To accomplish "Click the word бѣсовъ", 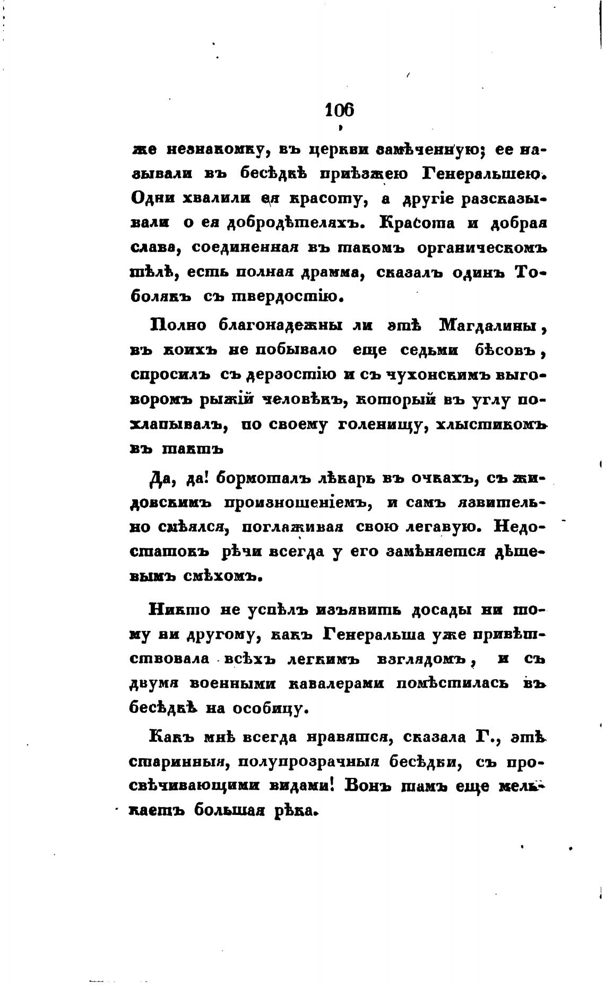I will tap(507, 350).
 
